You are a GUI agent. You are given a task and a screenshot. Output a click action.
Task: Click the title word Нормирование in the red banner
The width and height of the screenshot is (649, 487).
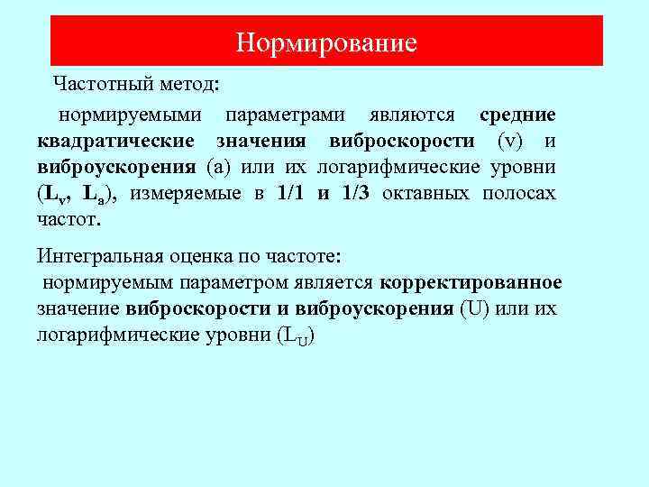click(x=326, y=42)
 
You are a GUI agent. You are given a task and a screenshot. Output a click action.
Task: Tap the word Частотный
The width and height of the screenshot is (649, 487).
click(x=96, y=85)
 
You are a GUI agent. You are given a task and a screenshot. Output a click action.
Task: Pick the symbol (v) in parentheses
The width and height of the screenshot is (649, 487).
click(x=510, y=142)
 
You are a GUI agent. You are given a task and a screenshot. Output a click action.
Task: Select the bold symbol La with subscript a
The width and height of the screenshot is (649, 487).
click(x=99, y=195)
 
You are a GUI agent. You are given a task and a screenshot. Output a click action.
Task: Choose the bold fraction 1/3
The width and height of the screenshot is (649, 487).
click(x=356, y=194)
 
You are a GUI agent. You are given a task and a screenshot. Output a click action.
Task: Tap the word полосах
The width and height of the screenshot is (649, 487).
click(x=523, y=194)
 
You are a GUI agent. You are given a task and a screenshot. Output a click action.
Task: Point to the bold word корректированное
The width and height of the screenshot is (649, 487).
click(x=471, y=282)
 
